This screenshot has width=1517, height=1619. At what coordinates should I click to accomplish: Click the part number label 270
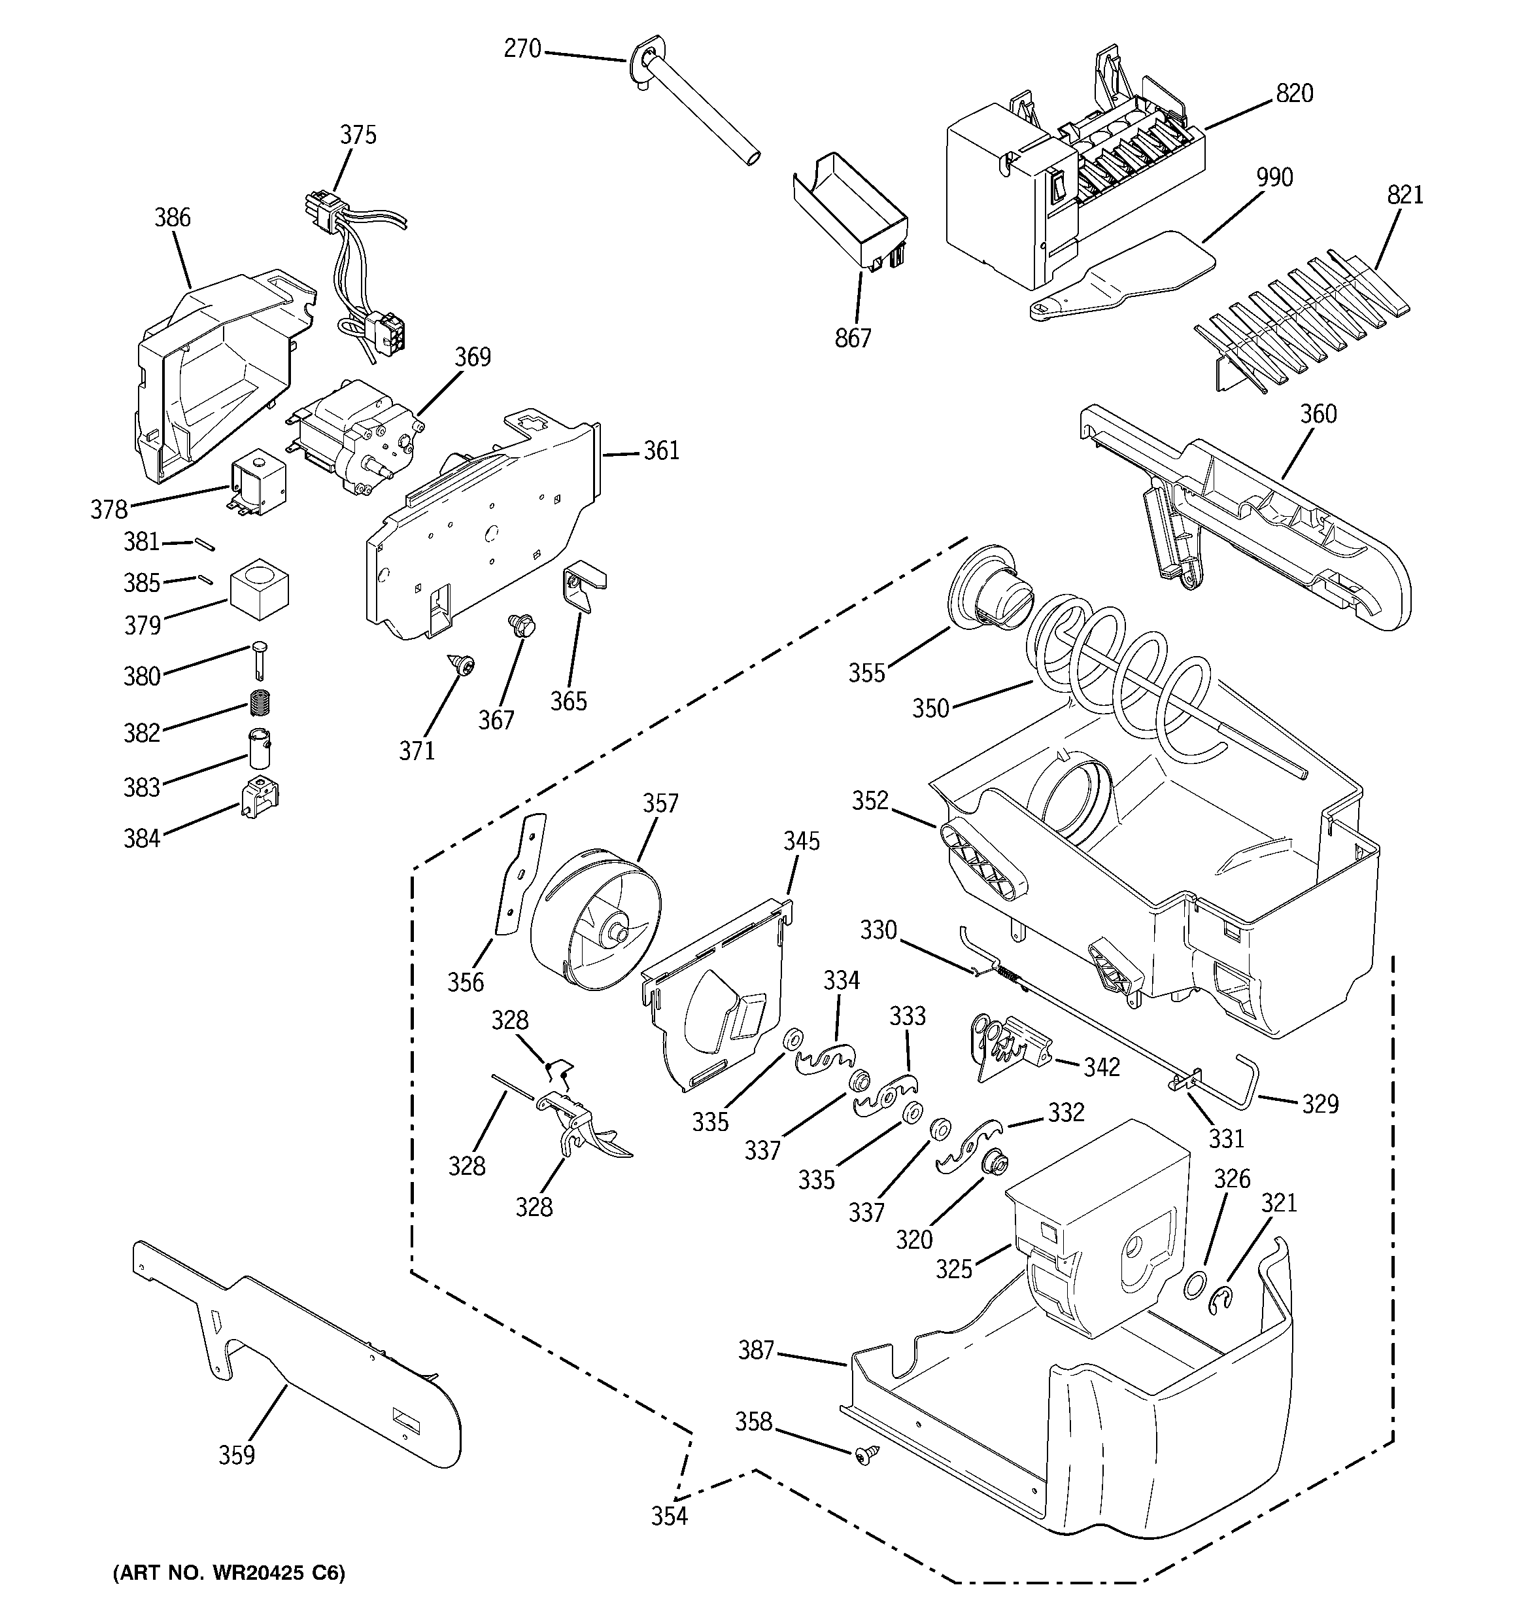coord(522,49)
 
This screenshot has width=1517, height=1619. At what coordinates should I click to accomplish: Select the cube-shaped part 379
coord(259,585)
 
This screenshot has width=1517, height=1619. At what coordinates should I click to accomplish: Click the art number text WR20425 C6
coord(229,1573)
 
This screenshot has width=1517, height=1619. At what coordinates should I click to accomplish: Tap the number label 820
coord(1294,94)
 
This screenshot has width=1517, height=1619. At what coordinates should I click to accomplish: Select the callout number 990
coord(1274,177)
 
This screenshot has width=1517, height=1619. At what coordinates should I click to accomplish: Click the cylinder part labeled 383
coord(260,748)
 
